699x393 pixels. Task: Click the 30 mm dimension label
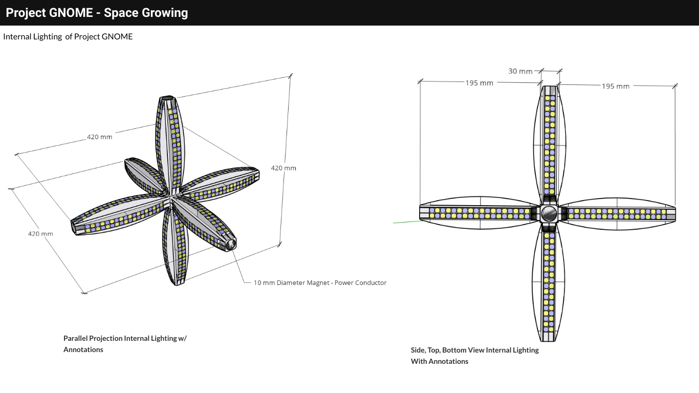[520, 71]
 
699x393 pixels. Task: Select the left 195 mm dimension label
[479, 83]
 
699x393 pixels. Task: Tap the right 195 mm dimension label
[615, 86]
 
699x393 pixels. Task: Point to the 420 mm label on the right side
[283, 168]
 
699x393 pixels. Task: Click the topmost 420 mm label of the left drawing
[99, 137]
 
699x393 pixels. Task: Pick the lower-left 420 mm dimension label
[40, 234]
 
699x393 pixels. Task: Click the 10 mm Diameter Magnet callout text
[320, 283]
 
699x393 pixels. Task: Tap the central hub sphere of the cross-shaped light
[549, 213]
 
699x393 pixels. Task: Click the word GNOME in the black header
[71, 13]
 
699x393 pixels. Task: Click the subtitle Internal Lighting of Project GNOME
[68, 36]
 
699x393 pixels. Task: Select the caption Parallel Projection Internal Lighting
[125, 338]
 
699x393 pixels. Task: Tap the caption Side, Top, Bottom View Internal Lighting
[474, 350]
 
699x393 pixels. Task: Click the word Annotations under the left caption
[83, 350]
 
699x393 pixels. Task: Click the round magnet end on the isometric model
[230, 244]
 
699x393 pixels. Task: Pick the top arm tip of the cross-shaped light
[549, 90]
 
